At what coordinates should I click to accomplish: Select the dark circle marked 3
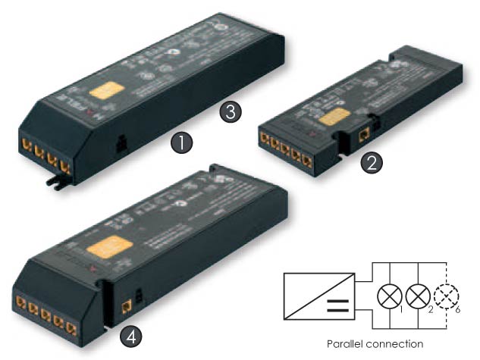coord(230,112)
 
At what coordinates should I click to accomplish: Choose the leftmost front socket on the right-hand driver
coord(265,137)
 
